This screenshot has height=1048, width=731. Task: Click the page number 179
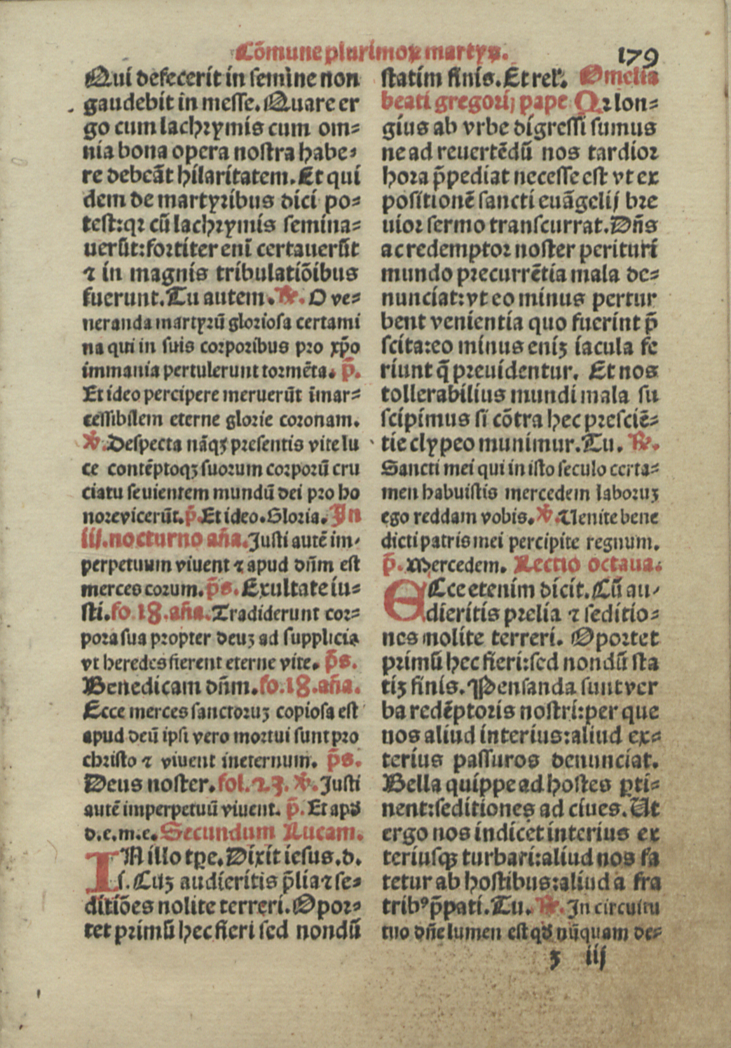pyautogui.click(x=637, y=58)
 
